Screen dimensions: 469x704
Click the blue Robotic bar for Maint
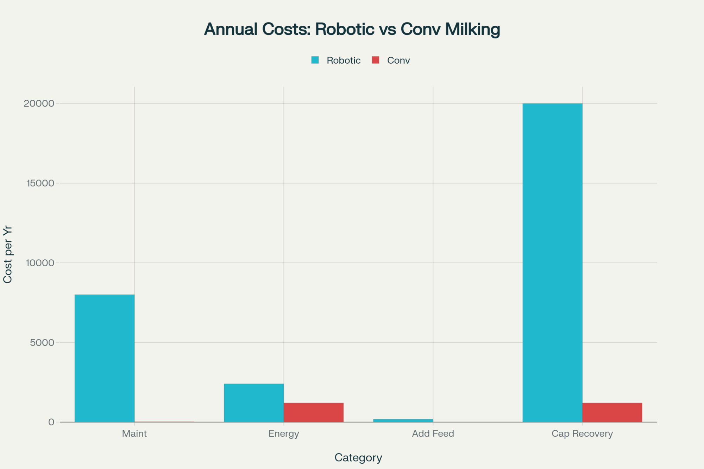click(x=105, y=358)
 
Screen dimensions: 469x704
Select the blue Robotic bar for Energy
click(x=254, y=403)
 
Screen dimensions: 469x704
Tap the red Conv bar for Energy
click(x=314, y=412)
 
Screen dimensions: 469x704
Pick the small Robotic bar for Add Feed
click(x=403, y=420)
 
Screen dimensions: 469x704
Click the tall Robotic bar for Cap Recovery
click(x=552, y=262)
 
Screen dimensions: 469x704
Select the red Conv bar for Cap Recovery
click(x=612, y=412)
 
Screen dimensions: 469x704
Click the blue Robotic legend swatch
click(x=315, y=60)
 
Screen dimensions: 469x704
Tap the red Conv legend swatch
click(x=376, y=60)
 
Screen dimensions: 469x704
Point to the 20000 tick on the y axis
click(x=39, y=103)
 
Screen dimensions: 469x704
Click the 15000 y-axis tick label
click(x=40, y=183)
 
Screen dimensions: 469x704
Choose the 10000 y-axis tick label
click(x=40, y=263)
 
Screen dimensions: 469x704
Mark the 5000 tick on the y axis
click(x=42, y=343)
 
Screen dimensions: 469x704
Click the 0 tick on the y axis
click(x=51, y=422)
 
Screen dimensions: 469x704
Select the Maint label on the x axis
click(x=134, y=434)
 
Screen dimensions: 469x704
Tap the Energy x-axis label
click(x=284, y=434)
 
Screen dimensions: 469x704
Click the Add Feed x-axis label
click(x=433, y=434)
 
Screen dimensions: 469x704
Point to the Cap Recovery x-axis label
click(x=582, y=434)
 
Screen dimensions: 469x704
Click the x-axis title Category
click(x=358, y=457)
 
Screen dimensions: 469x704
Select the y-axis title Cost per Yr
click(x=8, y=254)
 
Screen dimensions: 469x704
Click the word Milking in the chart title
click(x=472, y=29)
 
